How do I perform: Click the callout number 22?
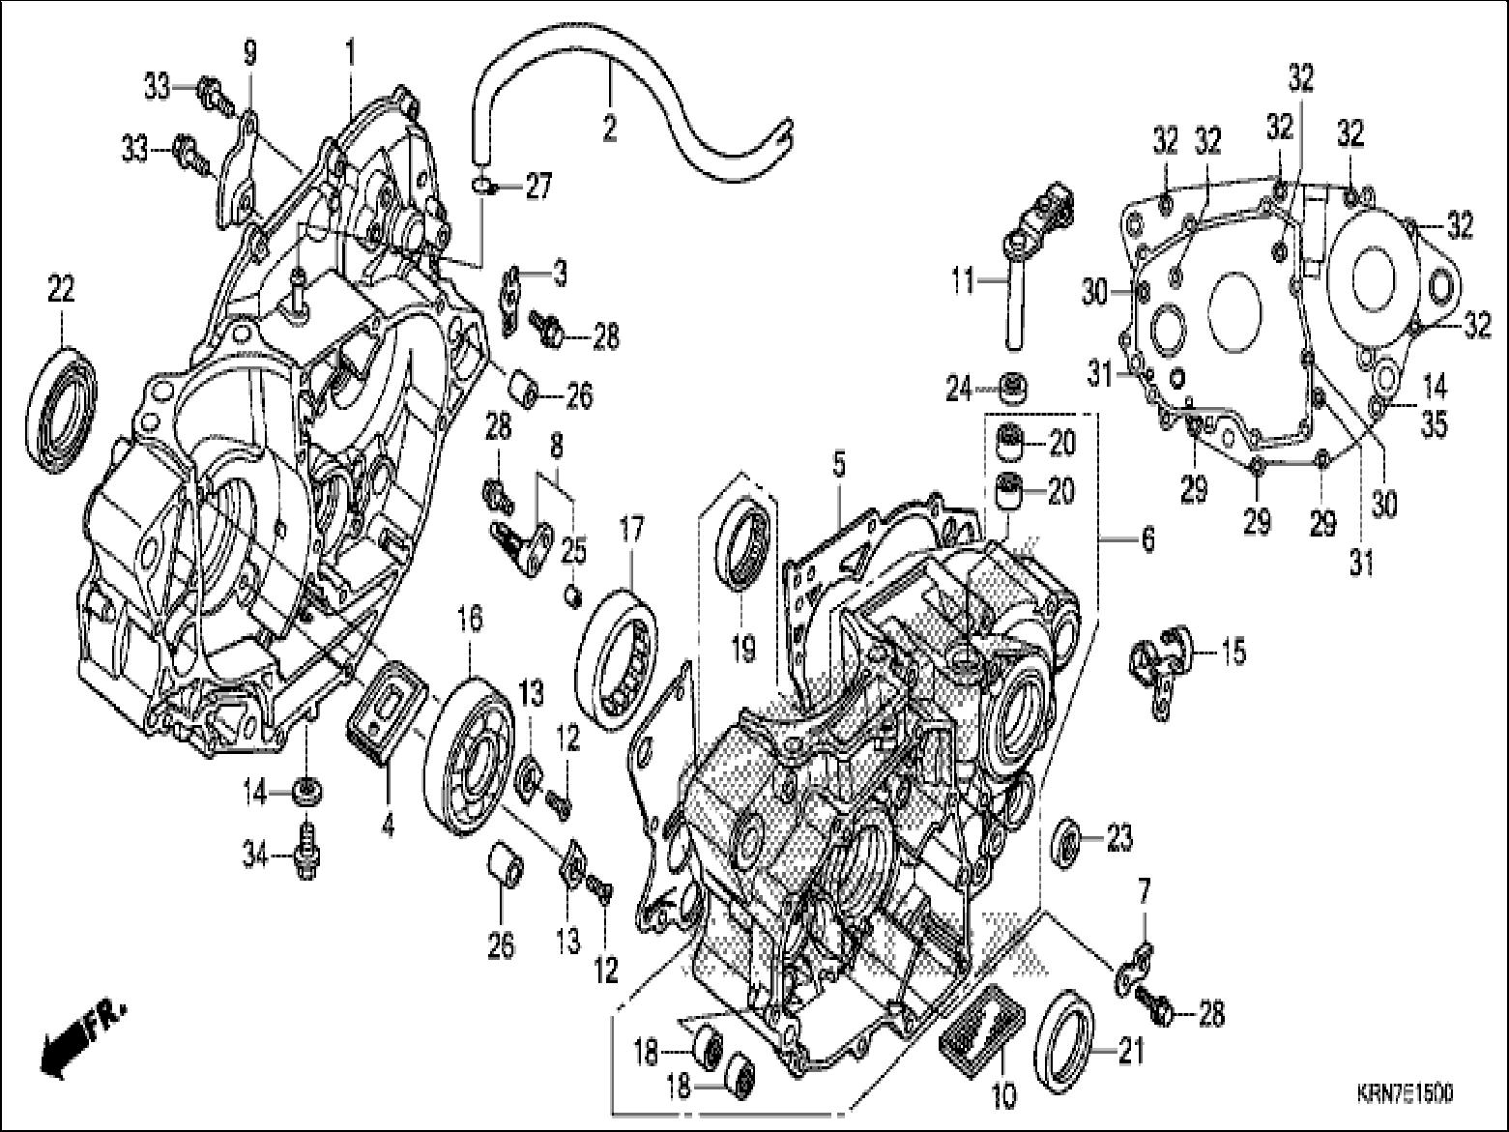point(61,289)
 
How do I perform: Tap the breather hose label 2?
point(609,129)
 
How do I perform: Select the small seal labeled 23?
point(1068,838)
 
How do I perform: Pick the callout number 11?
point(964,282)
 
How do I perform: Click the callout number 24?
point(959,389)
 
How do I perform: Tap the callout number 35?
point(1435,423)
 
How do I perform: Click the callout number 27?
point(538,186)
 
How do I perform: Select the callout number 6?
point(1147,539)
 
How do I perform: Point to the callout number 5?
point(838,465)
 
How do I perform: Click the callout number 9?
point(250,53)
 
